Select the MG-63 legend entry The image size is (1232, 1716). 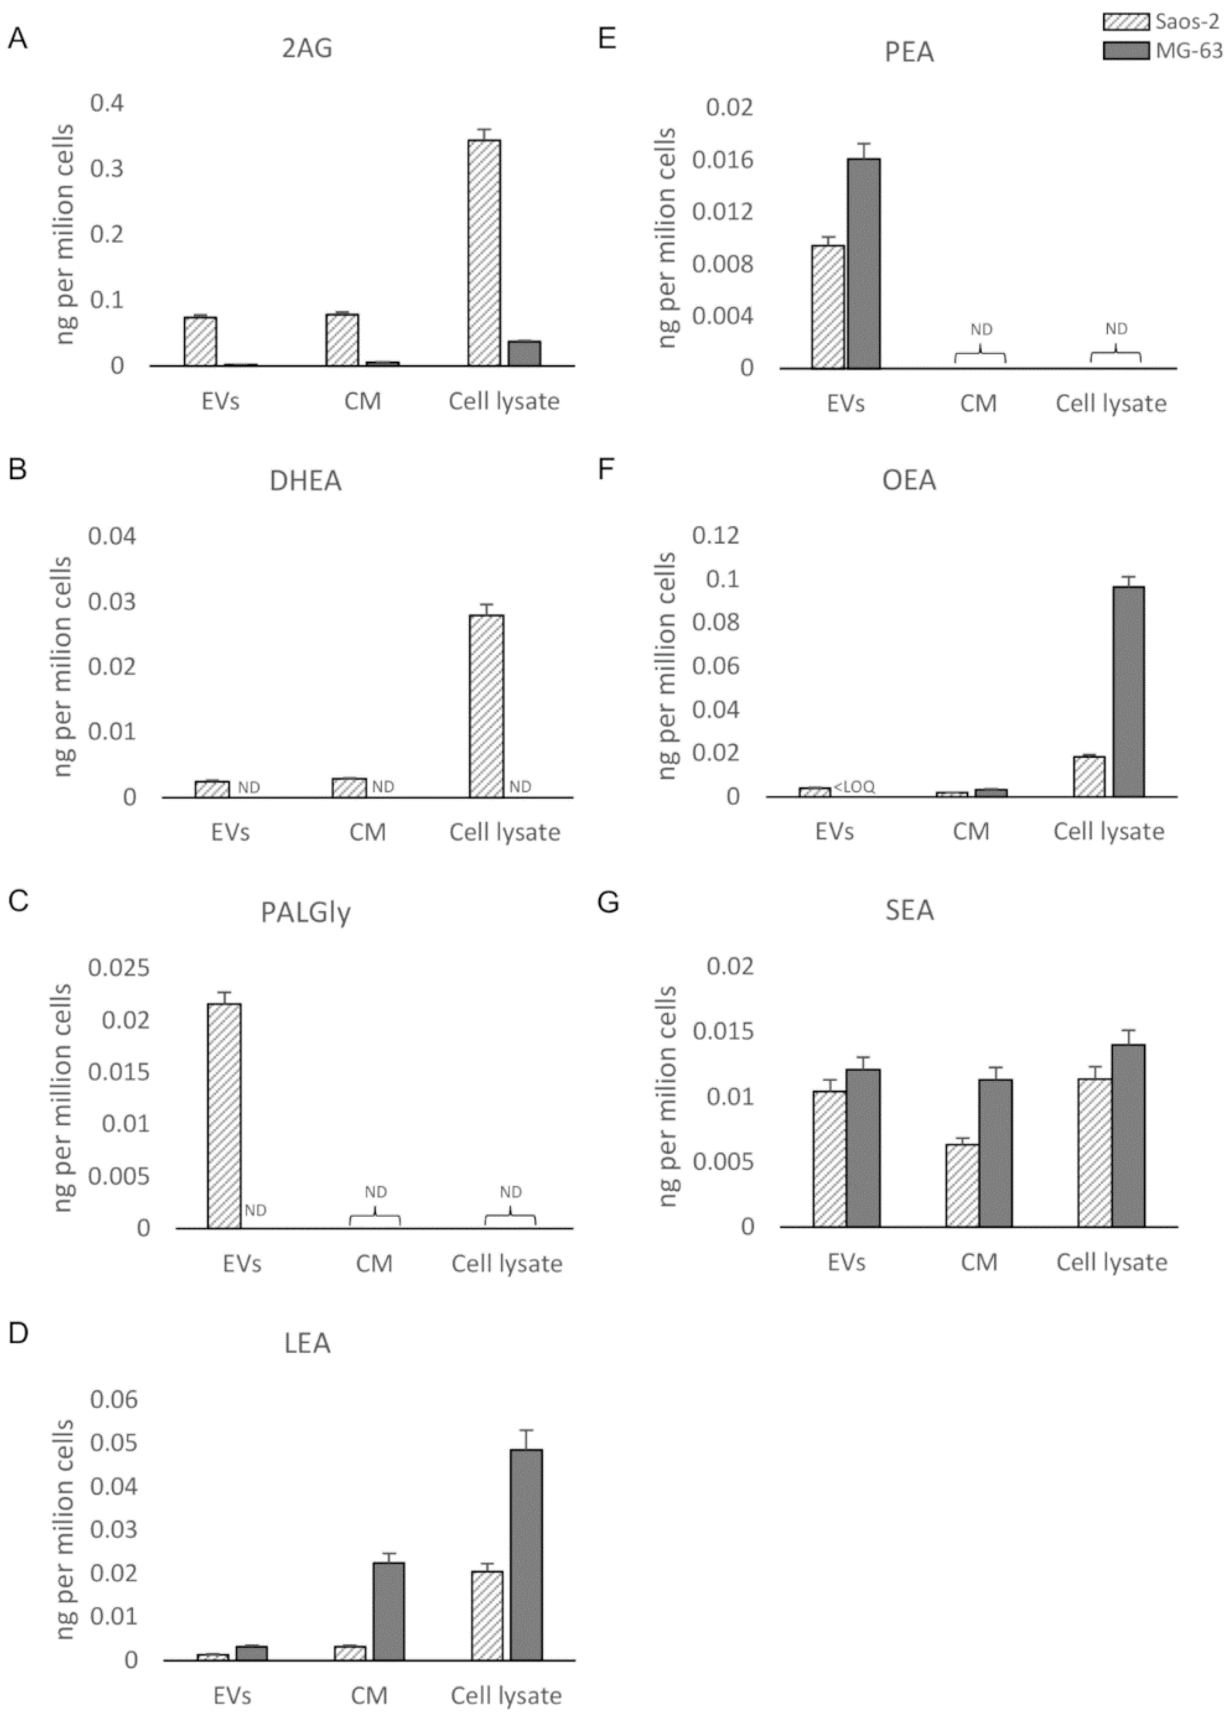tap(1188, 51)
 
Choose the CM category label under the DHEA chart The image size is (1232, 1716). tap(368, 832)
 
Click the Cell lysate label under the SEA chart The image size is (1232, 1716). tap(1112, 1262)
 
